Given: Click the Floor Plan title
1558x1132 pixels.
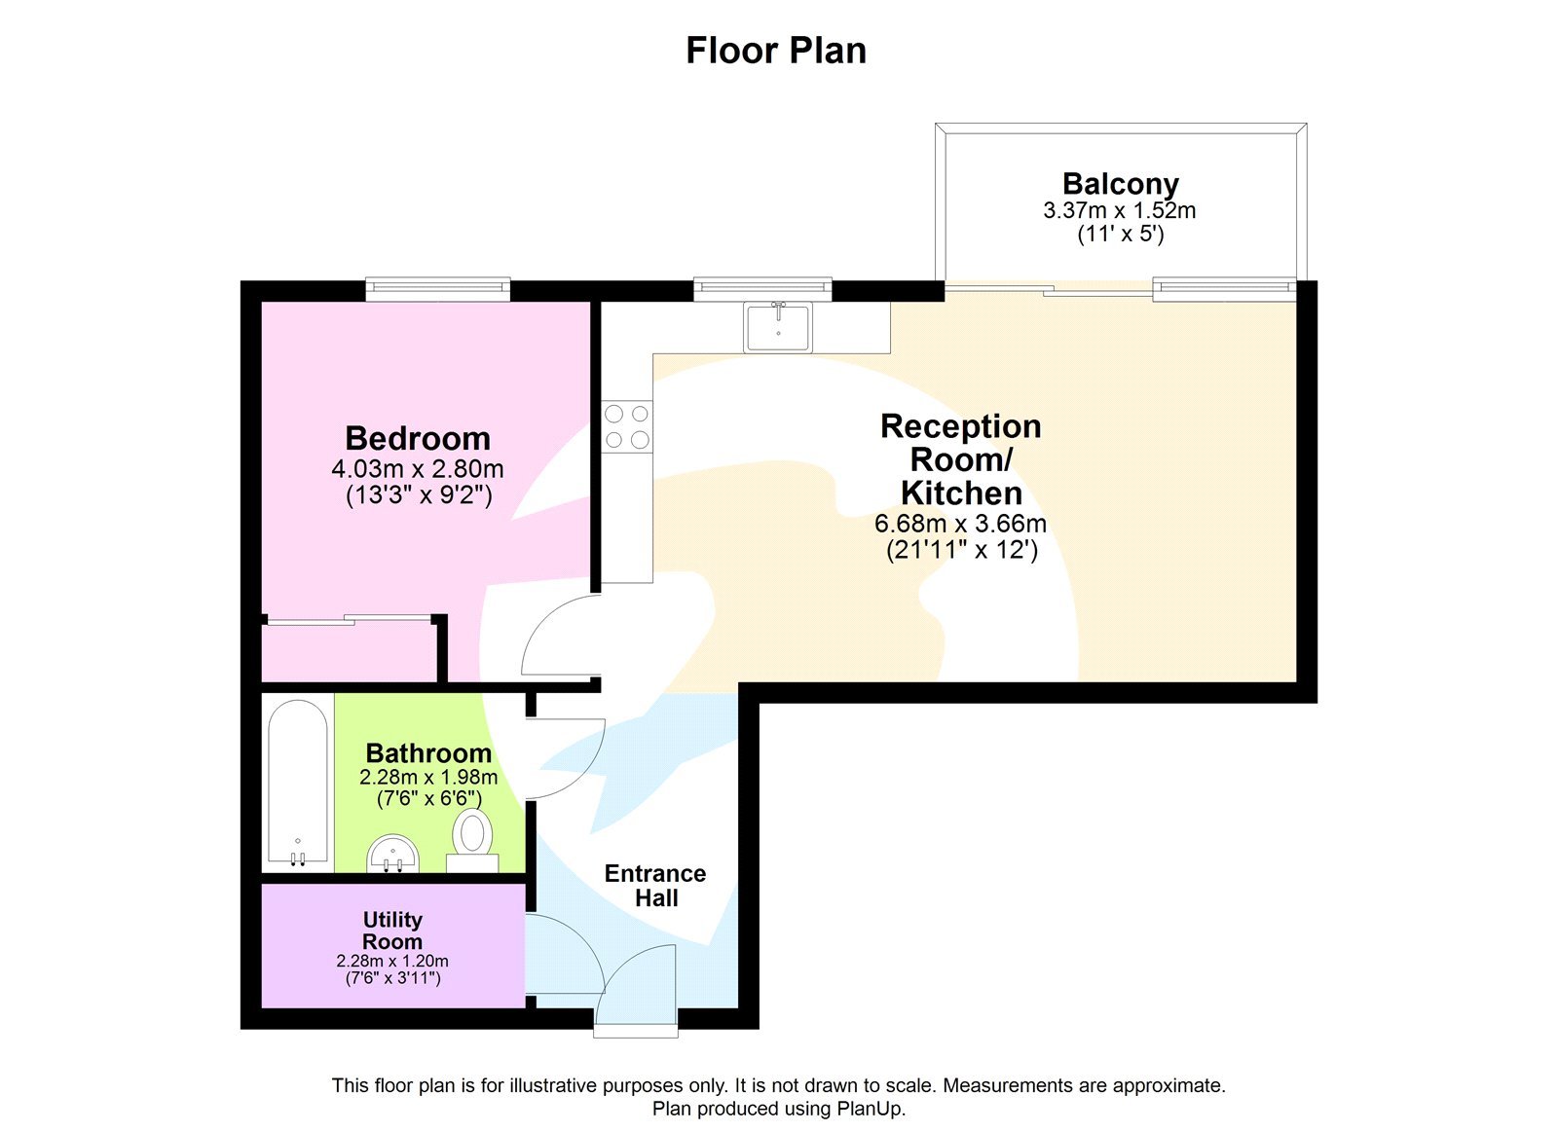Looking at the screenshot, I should (x=776, y=51).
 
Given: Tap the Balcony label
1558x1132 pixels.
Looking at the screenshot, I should (x=1120, y=183).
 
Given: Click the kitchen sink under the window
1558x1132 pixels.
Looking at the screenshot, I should (x=778, y=326).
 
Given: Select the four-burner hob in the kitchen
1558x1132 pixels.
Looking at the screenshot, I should (x=626, y=427).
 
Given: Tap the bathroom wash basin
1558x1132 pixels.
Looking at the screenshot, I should (x=392, y=855).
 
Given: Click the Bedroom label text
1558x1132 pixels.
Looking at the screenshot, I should (x=418, y=438).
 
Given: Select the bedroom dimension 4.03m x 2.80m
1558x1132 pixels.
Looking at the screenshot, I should (x=418, y=469).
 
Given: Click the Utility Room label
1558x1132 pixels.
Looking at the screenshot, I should (x=392, y=931).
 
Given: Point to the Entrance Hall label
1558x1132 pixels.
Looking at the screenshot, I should (x=655, y=886).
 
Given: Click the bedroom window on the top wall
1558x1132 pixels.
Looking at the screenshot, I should (x=437, y=288).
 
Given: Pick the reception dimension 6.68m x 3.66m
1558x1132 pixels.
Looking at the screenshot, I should (x=960, y=524).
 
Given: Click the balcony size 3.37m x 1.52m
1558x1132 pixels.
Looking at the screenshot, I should (x=1120, y=210).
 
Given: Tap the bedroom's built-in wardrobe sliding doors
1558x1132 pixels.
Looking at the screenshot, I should (x=348, y=619).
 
